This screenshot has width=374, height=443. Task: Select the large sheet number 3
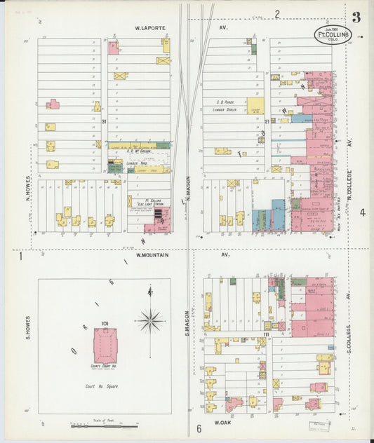(x=356, y=17)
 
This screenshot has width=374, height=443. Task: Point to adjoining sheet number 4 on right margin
(x=363, y=212)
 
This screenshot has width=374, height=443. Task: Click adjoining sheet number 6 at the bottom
(x=199, y=428)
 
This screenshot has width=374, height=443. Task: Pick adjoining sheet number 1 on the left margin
(x=21, y=257)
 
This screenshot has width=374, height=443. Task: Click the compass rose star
(x=149, y=321)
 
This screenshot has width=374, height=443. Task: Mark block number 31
(x=103, y=123)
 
